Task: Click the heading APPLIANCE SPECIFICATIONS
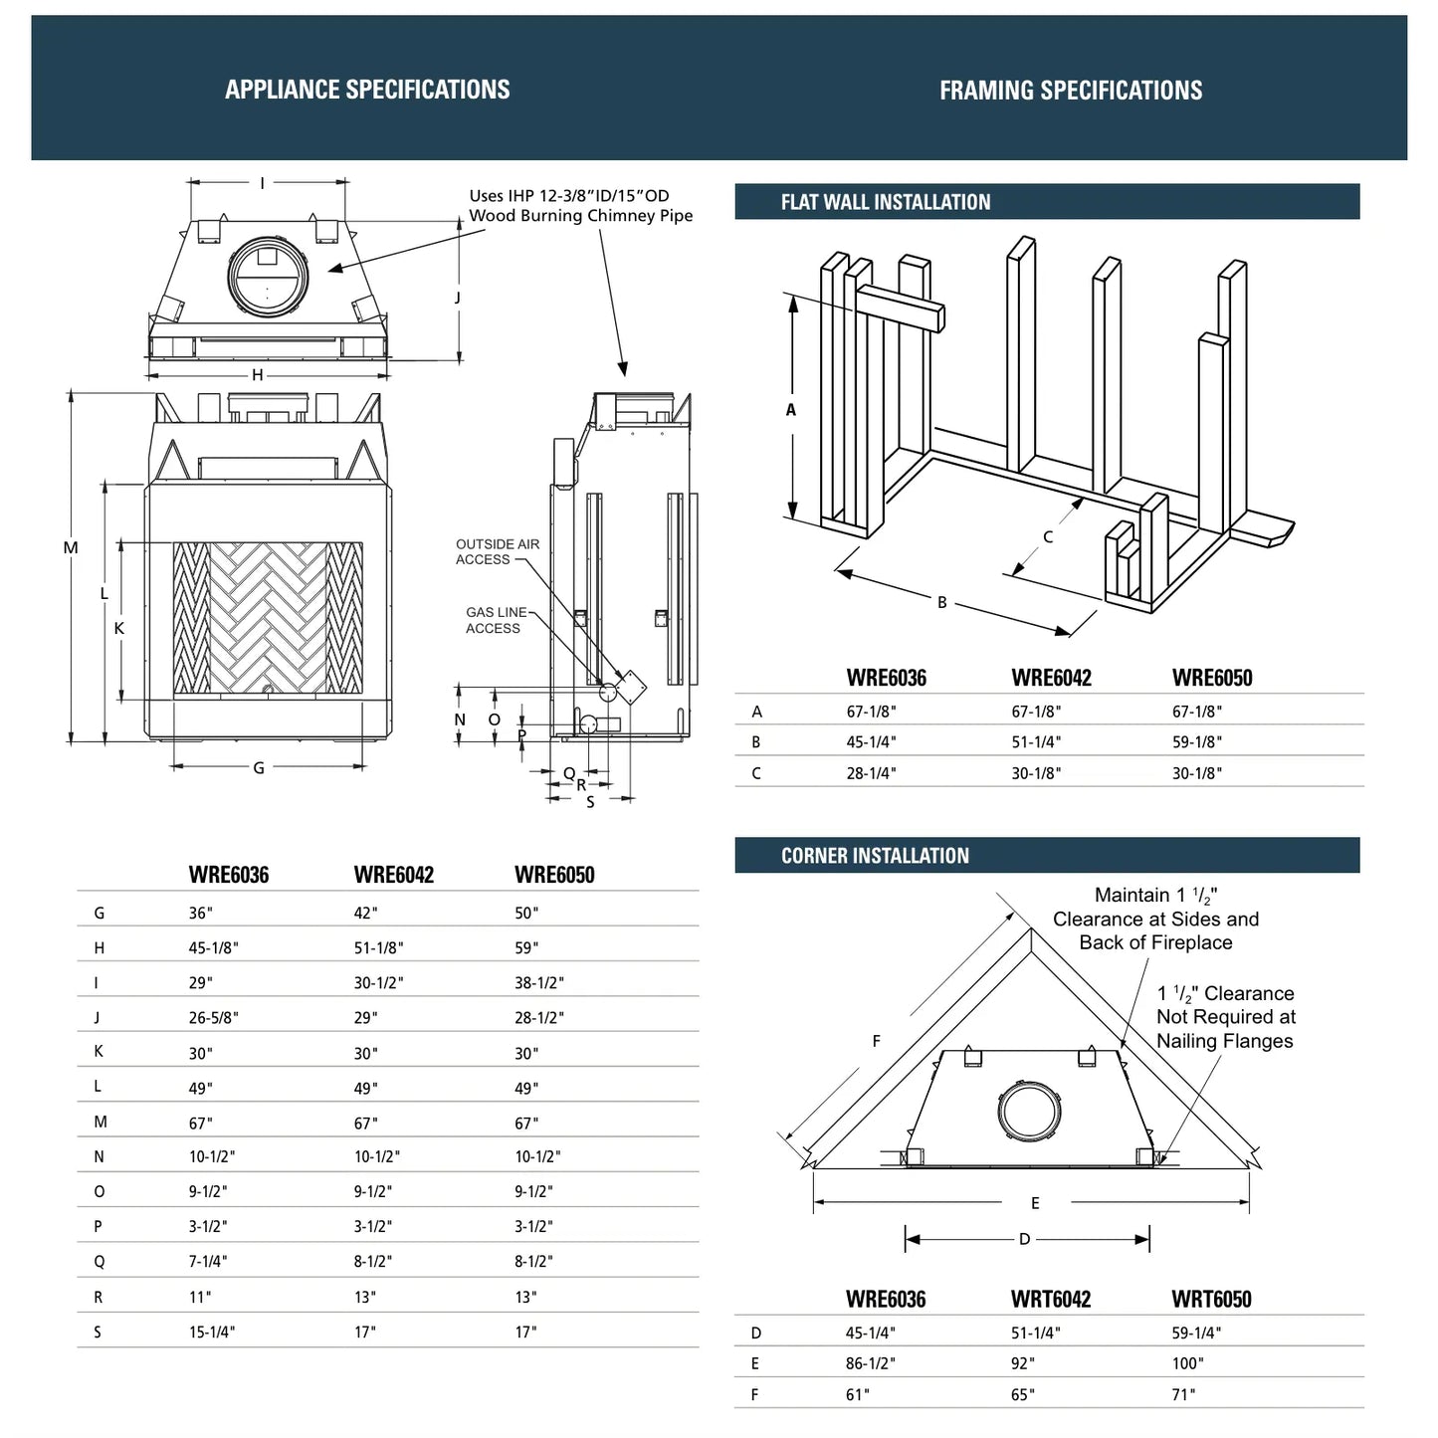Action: click(x=367, y=90)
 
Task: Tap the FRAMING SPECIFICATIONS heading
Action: click(x=1071, y=91)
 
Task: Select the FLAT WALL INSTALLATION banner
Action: click(x=886, y=202)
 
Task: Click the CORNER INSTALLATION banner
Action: click(x=875, y=856)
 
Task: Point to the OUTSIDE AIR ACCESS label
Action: click(x=498, y=551)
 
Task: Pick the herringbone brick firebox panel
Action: click(x=268, y=618)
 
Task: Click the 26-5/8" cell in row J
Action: click(x=214, y=1018)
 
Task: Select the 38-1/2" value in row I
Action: click(x=539, y=983)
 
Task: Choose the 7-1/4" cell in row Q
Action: click(x=208, y=1262)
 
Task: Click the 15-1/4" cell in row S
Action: click(x=212, y=1333)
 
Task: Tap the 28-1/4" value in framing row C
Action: click(x=871, y=773)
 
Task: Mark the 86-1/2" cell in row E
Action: click(x=871, y=1364)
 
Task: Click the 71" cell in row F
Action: click(x=1183, y=1395)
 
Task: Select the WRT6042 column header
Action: click(x=1051, y=1300)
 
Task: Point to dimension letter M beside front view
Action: click(x=71, y=547)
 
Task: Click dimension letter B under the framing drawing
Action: click(x=942, y=602)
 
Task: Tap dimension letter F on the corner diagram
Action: click(x=877, y=1041)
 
